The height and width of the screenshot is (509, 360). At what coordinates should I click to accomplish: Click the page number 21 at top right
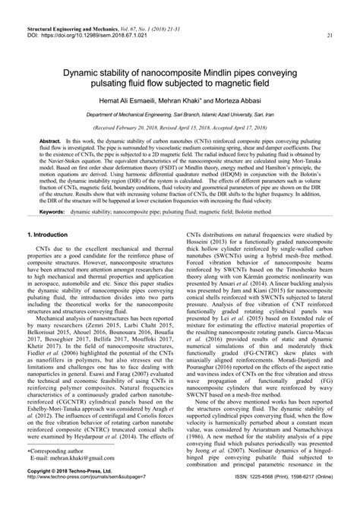[x=328, y=36]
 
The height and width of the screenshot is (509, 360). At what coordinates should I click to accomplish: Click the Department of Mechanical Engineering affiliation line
[x=179, y=114]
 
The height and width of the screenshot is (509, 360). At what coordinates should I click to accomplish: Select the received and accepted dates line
[x=179, y=128]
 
